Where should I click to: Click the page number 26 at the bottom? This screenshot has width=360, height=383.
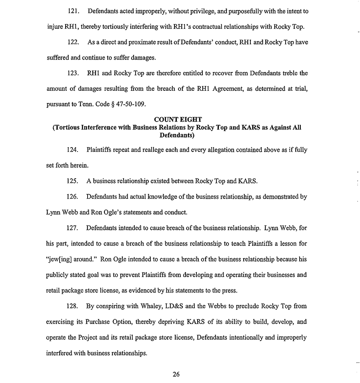(x=176, y=374)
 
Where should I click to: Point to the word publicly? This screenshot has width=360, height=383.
(x=58, y=275)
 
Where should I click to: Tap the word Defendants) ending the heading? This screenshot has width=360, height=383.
(x=176, y=135)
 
